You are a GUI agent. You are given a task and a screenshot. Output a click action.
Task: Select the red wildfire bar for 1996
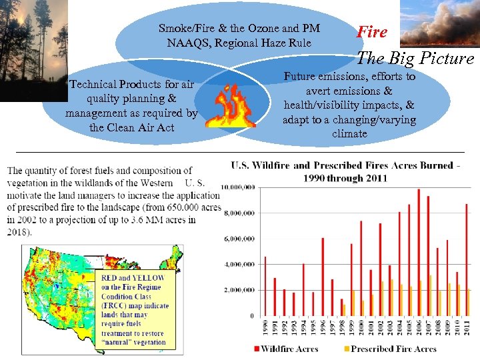tap(323, 277)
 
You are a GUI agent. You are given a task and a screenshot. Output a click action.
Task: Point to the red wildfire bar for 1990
tap(265, 286)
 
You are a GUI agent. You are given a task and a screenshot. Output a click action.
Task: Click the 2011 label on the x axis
tap(469, 327)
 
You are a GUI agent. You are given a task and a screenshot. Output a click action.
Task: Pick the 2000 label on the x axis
tap(361, 327)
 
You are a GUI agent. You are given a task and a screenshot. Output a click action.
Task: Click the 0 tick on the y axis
tap(251, 315)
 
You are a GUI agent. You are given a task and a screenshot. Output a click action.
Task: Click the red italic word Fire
tap(372, 31)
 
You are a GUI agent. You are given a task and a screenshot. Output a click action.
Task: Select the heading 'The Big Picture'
tap(415, 58)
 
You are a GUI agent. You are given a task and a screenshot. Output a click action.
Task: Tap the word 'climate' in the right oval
tap(349, 133)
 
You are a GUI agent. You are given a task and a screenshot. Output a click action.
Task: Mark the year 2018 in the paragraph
tap(17, 231)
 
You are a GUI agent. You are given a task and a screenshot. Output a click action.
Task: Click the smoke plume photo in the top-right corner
tap(440, 23)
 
